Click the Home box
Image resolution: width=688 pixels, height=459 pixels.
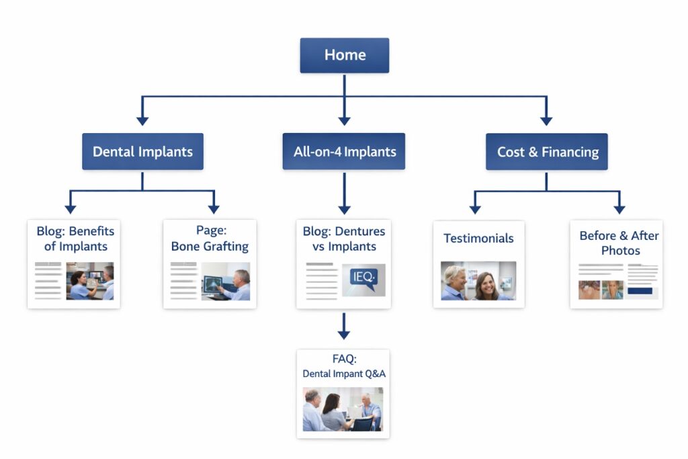click(344, 55)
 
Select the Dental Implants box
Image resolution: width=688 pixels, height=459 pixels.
click(142, 151)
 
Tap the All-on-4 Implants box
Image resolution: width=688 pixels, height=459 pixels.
click(344, 151)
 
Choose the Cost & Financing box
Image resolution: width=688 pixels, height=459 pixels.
click(546, 151)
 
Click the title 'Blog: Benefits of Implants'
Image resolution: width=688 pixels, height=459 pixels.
click(75, 239)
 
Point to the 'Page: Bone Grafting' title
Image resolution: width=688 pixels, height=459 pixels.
click(210, 239)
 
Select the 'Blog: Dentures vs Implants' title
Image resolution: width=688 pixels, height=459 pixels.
click(344, 239)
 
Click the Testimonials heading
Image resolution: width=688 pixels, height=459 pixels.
click(478, 239)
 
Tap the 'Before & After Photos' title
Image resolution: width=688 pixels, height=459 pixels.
click(619, 243)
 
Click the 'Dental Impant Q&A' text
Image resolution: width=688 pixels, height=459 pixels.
click(344, 374)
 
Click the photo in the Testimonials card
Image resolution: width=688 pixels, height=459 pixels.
click(478, 280)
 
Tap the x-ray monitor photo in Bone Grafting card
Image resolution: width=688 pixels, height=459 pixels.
click(226, 281)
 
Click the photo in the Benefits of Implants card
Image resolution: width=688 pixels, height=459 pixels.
click(89, 281)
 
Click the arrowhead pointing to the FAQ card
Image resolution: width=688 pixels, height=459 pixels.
click(344, 334)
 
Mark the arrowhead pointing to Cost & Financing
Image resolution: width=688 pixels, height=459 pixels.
click(546, 120)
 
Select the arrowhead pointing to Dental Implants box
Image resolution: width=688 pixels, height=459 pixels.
click(142, 120)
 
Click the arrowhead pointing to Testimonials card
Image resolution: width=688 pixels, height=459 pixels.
click(475, 209)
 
